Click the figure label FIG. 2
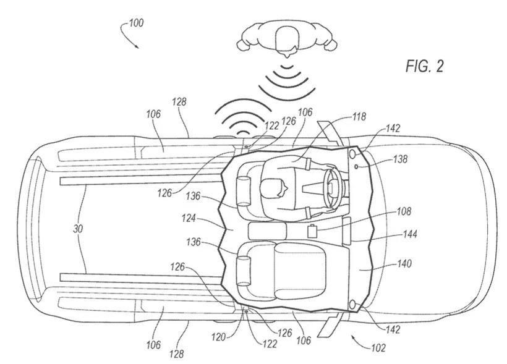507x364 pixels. (424, 67)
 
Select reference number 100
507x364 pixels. (135, 23)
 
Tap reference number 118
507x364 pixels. (359, 116)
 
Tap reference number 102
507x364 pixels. (378, 348)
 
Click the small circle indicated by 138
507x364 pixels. (357, 166)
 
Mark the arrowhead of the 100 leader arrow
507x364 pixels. (138, 47)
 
